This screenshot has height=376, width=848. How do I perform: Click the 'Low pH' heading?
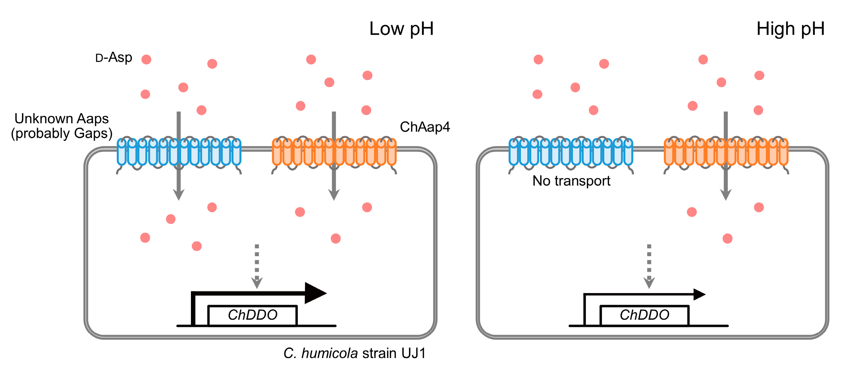[x=401, y=29]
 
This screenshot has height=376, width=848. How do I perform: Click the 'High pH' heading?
[x=790, y=29]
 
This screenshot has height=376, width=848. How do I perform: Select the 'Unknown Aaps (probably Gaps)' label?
[x=62, y=126]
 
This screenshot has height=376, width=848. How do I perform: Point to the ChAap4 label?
[x=425, y=127]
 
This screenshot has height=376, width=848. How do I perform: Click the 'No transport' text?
[x=571, y=181]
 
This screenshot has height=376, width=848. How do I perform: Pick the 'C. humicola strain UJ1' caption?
[x=354, y=354]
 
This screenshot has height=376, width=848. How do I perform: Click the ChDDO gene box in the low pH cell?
[x=252, y=315]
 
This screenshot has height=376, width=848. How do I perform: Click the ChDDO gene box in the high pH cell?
[x=644, y=315]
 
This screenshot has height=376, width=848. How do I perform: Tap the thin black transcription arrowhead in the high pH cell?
[x=699, y=294]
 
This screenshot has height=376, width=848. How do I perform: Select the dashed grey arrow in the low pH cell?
[x=257, y=266]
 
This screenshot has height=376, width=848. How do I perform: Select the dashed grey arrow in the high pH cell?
[x=649, y=266]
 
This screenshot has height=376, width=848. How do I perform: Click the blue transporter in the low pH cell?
[x=179, y=155]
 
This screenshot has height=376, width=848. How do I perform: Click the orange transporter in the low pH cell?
[x=334, y=155]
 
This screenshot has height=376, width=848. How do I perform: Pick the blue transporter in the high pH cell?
[x=570, y=155]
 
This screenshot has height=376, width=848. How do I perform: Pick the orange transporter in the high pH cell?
[x=726, y=155]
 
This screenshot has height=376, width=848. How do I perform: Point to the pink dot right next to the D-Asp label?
[x=146, y=60]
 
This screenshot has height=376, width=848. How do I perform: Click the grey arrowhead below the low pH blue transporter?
[x=179, y=195]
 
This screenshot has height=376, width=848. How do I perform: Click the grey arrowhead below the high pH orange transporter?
[x=726, y=195]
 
